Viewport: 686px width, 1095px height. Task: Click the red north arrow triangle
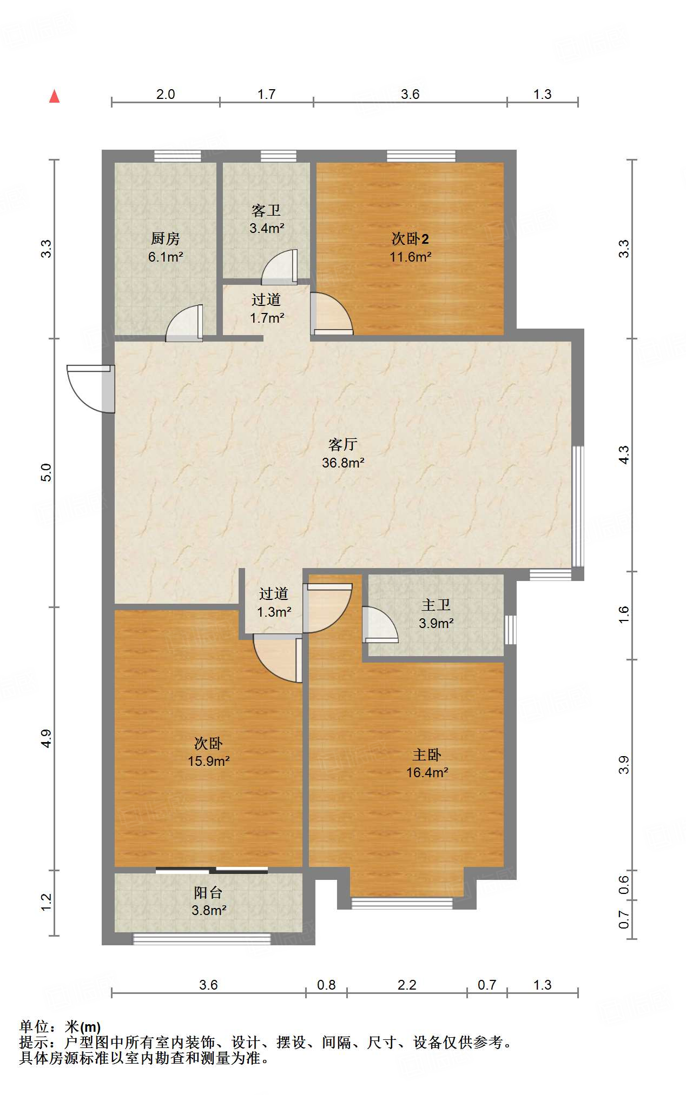55,97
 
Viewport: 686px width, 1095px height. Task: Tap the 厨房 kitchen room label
165,238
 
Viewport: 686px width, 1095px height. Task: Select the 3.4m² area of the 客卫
267,229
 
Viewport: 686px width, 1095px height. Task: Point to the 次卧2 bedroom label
410,238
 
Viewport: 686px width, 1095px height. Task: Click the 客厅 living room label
342,444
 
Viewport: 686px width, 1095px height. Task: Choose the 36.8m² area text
343,463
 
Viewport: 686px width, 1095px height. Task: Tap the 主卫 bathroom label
436,605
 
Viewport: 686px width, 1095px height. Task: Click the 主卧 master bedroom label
427,755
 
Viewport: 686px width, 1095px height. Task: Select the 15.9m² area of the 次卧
208,762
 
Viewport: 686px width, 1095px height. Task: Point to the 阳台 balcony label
208,892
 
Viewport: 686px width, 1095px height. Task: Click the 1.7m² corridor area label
267,318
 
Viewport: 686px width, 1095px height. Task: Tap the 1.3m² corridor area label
274,612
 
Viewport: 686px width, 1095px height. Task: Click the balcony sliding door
212,870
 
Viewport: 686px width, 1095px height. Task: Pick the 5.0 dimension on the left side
47,472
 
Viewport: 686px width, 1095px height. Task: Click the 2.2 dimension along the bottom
407,985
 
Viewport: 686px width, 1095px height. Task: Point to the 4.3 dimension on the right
624,455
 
